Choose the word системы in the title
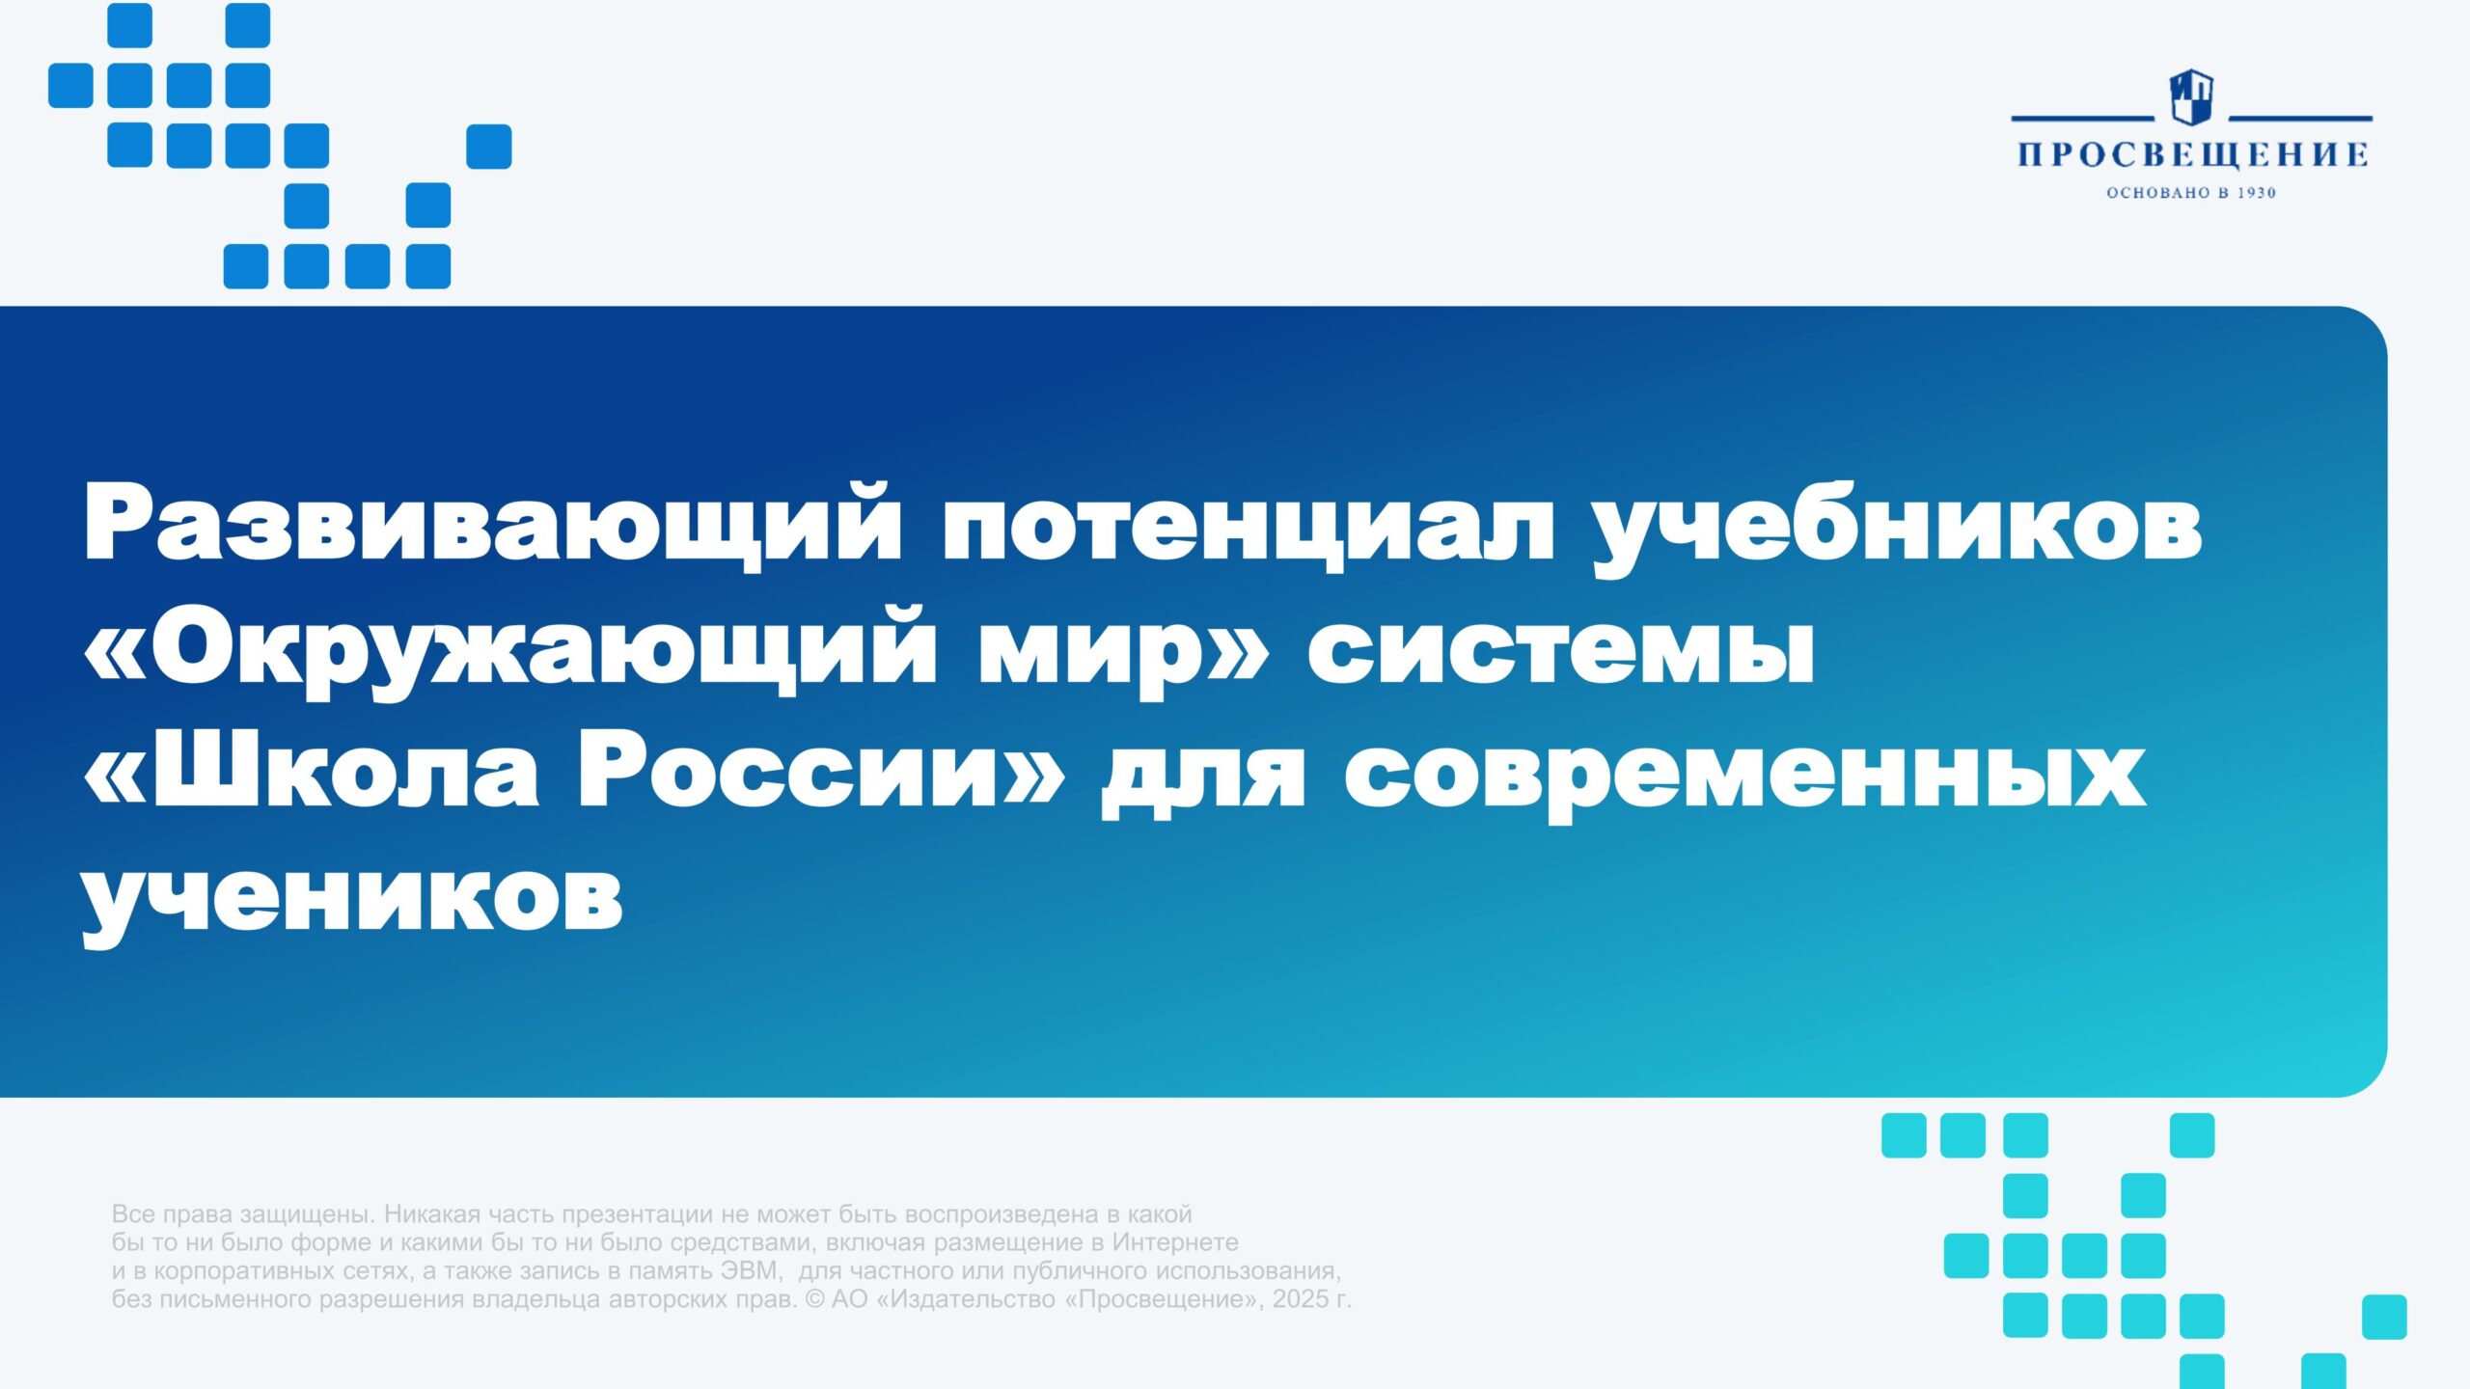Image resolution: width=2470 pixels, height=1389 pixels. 1561,652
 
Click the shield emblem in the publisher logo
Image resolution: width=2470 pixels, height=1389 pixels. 2191,96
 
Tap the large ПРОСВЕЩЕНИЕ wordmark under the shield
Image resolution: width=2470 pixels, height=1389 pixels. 2192,154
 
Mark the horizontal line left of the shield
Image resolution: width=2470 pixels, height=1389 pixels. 2082,118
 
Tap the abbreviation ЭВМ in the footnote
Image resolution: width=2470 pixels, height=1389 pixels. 750,1270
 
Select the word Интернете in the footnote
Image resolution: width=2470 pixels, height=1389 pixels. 1175,1241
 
